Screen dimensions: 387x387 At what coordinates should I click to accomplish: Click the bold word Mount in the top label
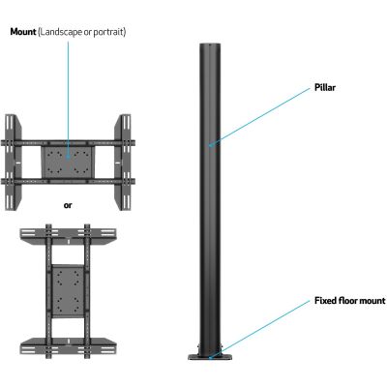(23, 32)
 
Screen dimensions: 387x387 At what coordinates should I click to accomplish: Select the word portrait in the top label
(107, 33)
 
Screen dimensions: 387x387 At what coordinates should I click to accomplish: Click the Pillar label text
(325, 87)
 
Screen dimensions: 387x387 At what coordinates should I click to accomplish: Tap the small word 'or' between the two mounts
(68, 205)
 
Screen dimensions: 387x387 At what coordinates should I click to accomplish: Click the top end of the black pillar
(210, 45)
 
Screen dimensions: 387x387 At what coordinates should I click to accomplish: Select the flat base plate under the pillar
(210, 357)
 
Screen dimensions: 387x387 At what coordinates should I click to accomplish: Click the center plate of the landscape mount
(68, 162)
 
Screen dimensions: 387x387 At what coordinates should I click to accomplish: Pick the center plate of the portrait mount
(68, 290)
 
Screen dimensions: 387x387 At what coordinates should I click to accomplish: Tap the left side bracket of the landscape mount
(13, 162)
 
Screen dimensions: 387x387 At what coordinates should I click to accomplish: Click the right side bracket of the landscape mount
(123, 162)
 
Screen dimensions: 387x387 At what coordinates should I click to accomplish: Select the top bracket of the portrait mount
(68, 236)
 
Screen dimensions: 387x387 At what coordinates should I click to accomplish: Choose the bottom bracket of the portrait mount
(68, 345)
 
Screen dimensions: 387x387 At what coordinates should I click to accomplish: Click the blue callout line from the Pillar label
(259, 117)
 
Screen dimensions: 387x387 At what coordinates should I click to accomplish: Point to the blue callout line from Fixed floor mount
(259, 328)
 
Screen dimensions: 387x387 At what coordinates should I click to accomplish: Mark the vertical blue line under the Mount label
(68, 100)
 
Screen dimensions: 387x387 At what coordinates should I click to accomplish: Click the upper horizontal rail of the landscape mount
(68, 142)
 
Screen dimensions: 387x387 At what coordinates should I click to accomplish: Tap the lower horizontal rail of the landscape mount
(68, 181)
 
